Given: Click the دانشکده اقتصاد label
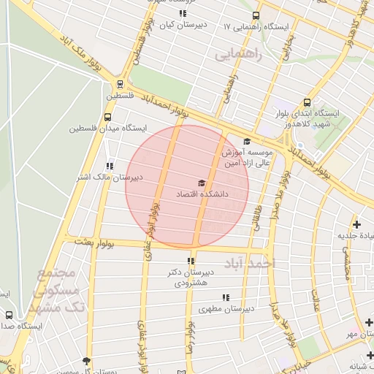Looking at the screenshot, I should (202, 195).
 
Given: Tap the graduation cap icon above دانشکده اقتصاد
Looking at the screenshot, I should (202, 183).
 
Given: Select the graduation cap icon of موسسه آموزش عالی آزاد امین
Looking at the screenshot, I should (247, 142).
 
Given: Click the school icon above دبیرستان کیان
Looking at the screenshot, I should (182, 13).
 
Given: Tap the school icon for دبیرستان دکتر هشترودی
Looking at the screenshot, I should (191, 261).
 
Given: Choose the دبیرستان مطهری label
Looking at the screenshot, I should (228, 308).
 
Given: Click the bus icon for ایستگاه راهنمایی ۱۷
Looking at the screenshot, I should (256, 15).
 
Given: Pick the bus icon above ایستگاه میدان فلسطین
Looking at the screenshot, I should (108, 116).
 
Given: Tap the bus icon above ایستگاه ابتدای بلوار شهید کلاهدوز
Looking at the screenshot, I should (307, 103).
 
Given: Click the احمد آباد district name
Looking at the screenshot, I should (249, 262).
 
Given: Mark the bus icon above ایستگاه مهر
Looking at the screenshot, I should (369, 322).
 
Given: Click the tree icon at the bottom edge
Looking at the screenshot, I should (86, 361).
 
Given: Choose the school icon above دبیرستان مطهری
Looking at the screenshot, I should (226, 297).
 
